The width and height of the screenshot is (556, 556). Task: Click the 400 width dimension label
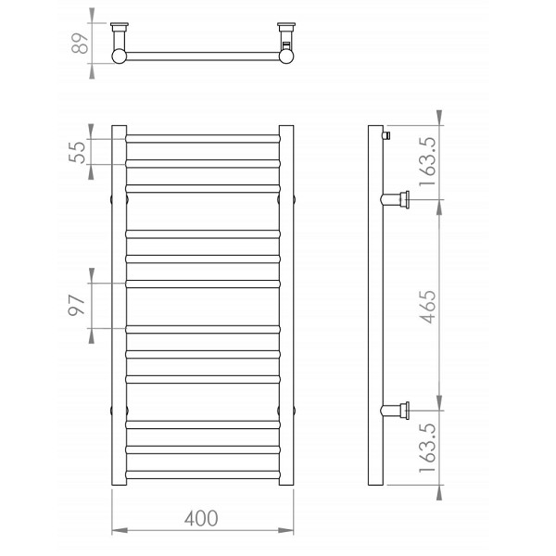point(201,518)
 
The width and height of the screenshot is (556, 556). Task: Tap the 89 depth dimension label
point(80,44)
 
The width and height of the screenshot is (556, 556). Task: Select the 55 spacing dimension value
point(77,152)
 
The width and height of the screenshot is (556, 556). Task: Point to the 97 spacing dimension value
point(77,305)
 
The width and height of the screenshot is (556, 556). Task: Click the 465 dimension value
point(427,307)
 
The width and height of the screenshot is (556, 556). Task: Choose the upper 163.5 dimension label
point(427,161)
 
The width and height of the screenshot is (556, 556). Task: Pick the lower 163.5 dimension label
point(427,448)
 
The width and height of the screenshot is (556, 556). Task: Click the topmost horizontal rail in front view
point(203,139)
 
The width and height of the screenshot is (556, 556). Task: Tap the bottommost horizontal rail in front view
point(203,474)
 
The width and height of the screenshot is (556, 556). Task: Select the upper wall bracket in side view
point(396,199)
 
